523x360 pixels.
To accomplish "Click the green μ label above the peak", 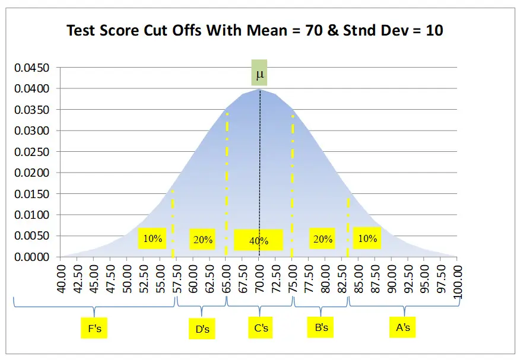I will pos(259,74).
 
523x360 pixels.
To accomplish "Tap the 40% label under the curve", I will pos(259,241).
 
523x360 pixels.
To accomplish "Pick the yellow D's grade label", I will pos(202,329).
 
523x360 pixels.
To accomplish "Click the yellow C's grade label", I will pos(261,327).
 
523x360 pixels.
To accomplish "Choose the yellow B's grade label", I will pos(322,327).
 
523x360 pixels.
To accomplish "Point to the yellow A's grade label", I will pos(403,327).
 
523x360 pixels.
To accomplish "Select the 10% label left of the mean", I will pos(153,238).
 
